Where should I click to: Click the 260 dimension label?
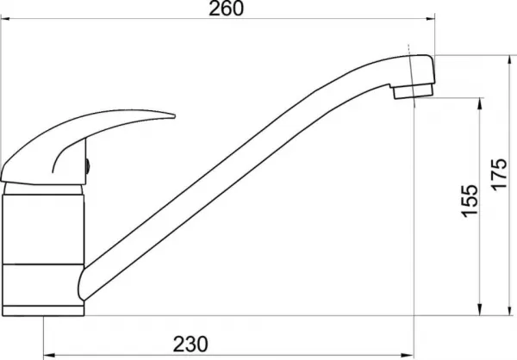227,9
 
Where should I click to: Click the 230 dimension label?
190,344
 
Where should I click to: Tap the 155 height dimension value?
469,201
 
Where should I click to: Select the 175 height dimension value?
499,174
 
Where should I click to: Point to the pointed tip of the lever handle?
175,115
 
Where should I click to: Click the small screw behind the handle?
87,166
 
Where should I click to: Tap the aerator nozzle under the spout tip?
412,91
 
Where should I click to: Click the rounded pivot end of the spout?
82,284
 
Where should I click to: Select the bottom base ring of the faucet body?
43,311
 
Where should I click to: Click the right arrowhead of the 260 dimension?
430,19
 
